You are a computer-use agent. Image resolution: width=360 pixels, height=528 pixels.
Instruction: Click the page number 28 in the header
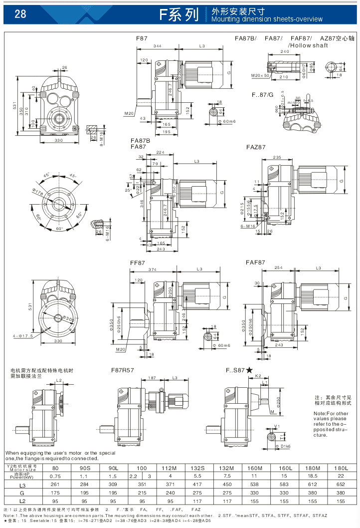click(x=21, y=14)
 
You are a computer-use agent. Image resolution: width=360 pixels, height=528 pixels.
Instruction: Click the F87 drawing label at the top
click(x=142, y=38)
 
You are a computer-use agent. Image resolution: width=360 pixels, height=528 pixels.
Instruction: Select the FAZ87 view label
click(x=256, y=147)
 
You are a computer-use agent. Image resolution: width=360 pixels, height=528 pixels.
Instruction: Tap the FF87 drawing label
click(x=137, y=262)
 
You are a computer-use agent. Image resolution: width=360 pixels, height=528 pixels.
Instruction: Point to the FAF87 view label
click(x=255, y=262)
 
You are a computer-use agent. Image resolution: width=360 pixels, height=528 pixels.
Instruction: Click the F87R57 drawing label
click(x=123, y=371)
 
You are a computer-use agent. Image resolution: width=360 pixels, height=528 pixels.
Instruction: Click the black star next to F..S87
click(x=249, y=370)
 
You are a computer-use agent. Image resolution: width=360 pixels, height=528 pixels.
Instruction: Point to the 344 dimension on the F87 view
click(x=158, y=46)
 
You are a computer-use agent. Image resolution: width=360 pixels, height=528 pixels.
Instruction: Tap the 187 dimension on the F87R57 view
click(x=152, y=378)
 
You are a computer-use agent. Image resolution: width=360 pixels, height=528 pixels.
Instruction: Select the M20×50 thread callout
click(x=260, y=75)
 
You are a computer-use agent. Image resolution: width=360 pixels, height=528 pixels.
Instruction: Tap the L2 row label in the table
click(x=22, y=500)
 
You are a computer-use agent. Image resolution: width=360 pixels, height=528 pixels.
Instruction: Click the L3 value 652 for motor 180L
click(x=341, y=485)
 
